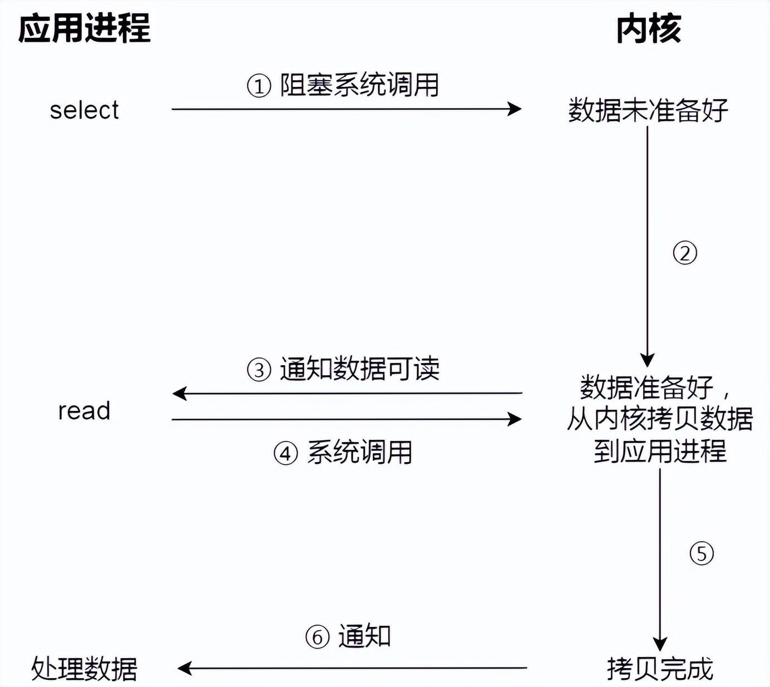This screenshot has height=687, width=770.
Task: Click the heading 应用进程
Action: tap(84, 29)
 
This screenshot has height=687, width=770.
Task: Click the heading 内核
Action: tap(648, 29)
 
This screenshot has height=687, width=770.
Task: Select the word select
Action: tap(84, 110)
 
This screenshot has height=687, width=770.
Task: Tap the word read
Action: tap(84, 411)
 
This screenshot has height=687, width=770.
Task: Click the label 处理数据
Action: tap(84, 668)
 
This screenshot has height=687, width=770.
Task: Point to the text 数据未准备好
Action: tap(648, 110)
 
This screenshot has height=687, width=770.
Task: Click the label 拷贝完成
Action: tap(660, 668)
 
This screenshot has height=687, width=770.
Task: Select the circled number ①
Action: tap(259, 86)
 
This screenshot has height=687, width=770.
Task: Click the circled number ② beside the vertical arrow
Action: tap(685, 253)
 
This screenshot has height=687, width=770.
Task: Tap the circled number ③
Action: tap(259, 370)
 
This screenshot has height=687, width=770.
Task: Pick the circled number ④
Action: tap(285, 453)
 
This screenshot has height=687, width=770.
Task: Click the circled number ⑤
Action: tap(702, 553)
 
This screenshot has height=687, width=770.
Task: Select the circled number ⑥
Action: tap(317, 637)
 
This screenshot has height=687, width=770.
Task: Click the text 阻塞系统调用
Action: tap(359, 85)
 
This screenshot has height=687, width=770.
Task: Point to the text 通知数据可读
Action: tap(359, 369)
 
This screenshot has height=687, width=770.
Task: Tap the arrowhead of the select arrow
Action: tap(515, 109)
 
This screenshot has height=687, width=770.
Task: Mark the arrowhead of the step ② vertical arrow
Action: tap(647, 359)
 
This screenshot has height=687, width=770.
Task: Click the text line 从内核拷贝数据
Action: tap(660, 419)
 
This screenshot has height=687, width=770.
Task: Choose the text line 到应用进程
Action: tap(660, 451)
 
